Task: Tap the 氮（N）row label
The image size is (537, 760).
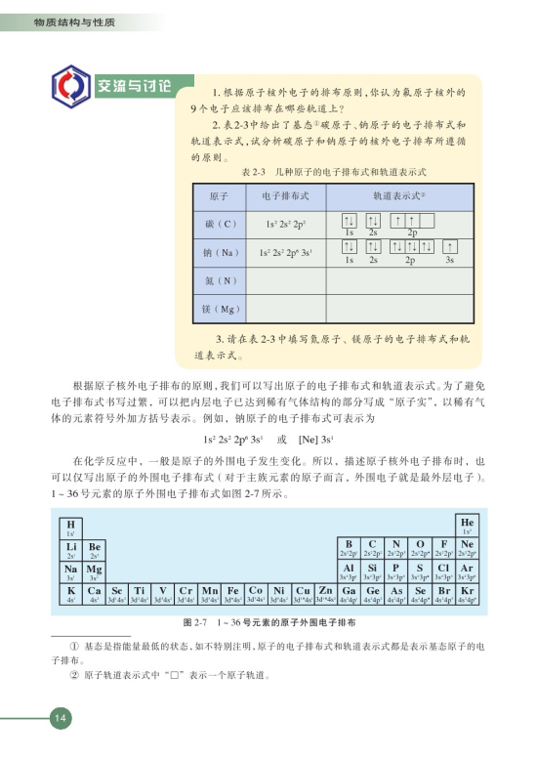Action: point(221,280)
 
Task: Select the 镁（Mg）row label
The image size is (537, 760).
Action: point(221,310)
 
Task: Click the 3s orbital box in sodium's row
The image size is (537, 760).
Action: point(450,246)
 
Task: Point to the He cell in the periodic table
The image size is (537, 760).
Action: point(468,523)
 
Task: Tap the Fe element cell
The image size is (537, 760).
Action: point(232,593)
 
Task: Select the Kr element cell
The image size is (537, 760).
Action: point(468,593)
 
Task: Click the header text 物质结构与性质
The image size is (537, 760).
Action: point(67,21)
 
